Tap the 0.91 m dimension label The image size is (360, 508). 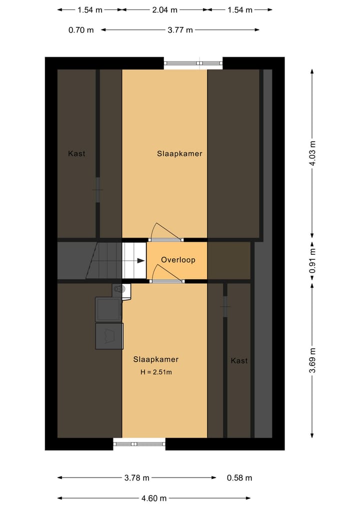[312, 260]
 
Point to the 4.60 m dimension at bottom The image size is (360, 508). [153, 498]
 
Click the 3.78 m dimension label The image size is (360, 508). [136, 478]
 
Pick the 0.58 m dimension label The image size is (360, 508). [239, 478]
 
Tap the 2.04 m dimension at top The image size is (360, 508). [164, 9]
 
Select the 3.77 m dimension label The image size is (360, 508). [180, 29]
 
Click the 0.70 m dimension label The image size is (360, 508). [81, 29]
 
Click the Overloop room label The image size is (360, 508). [178, 260]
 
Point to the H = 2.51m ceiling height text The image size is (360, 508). [156, 372]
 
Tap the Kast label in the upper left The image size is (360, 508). [76, 153]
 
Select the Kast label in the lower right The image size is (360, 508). [239, 360]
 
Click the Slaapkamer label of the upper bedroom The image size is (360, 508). [179, 153]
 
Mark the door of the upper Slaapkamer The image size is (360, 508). [167, 239]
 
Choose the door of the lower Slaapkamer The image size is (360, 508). [167, 281]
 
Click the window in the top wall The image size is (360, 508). [193, 63]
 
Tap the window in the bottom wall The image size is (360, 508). [139, 444]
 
